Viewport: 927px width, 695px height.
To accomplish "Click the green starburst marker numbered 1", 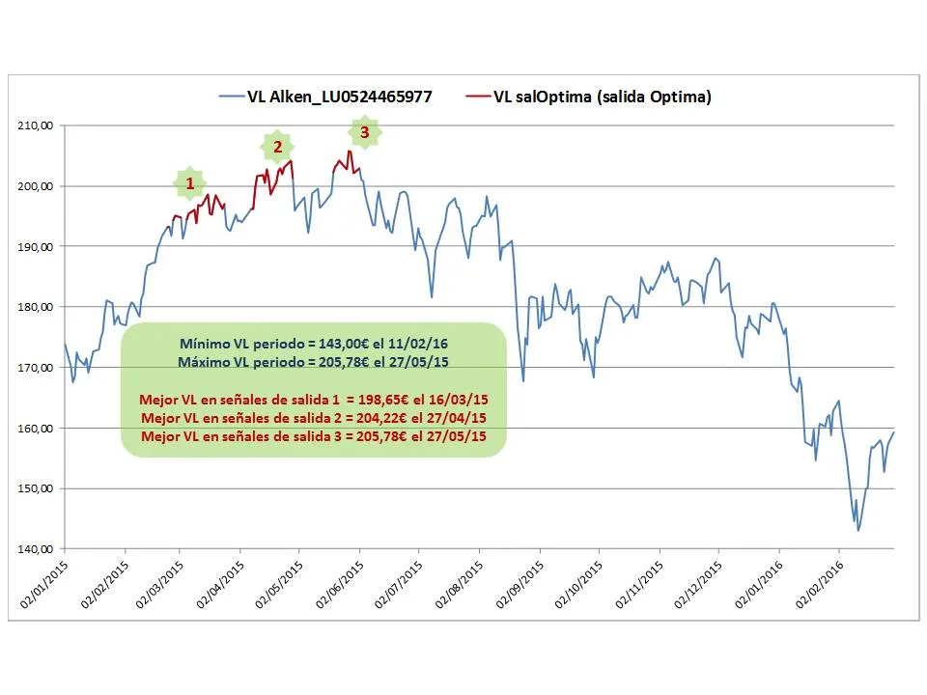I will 190,182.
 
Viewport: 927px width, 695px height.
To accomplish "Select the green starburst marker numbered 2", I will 278,147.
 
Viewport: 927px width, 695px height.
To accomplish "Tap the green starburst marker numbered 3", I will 364,132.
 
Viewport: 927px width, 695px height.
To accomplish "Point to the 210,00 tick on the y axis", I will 35,125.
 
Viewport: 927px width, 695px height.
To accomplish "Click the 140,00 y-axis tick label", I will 35,549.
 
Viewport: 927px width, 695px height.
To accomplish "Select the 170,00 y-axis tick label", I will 35,368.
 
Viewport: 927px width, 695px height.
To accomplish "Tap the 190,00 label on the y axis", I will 35,247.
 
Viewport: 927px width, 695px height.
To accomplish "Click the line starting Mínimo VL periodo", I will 314,344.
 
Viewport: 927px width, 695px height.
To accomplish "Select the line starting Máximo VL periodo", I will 314,362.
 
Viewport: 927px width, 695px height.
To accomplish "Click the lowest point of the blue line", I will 858,530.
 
